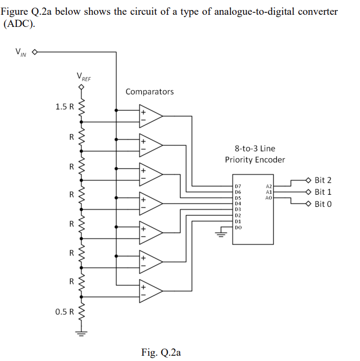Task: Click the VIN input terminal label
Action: pos(20,52)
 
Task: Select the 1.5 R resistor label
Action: pos(65,107)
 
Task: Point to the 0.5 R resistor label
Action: pos(65,311)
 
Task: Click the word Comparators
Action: pos(149,92)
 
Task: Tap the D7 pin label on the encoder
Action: pos(238,186)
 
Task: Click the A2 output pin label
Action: pos(268,186)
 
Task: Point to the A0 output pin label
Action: pos(268,198)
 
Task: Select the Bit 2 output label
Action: pos(323,180)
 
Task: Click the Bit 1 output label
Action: pos(323,192)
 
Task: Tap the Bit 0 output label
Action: pos(323,204)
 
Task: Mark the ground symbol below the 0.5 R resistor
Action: pos(81,333)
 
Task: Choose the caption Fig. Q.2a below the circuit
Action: pos(161,352)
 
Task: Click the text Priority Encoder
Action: pos(255,159)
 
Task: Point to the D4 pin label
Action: pos(238,203)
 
